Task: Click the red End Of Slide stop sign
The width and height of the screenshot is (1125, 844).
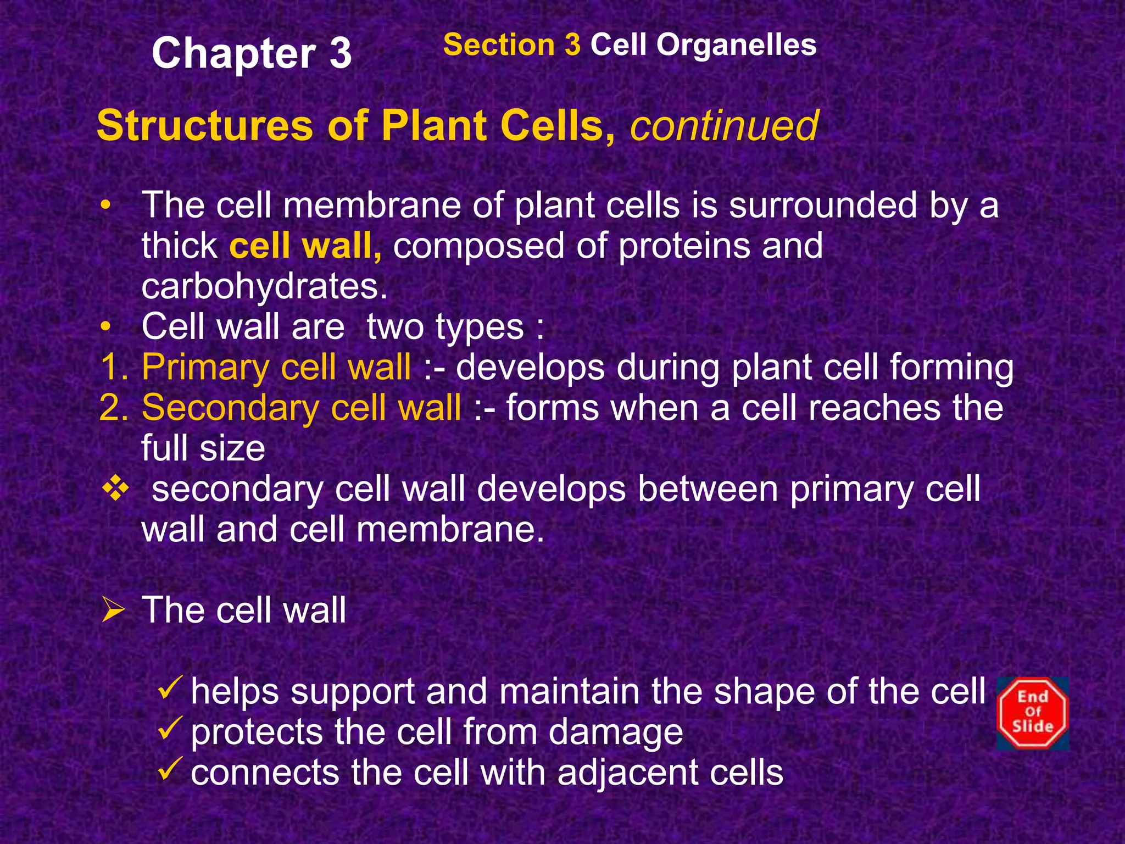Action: pyautogui.click(x=1033, y=713)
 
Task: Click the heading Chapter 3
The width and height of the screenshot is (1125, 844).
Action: pyautogui.click(x=251, y=53)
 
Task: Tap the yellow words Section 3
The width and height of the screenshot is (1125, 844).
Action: pyautogui.click(x=511, y=45)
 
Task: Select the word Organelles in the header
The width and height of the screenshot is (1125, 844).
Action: pyautogui.click(x=736, y=45)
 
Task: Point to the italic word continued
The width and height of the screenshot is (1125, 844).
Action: pyautogui.click(x=724, y=126)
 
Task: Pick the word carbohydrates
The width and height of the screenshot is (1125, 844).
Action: pyautogui.click(x=264, y=286)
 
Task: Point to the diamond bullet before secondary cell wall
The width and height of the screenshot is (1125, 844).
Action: pyautogui.click(x=116, y=489)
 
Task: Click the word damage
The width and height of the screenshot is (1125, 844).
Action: pyautogui.click(x=615, y=732)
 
